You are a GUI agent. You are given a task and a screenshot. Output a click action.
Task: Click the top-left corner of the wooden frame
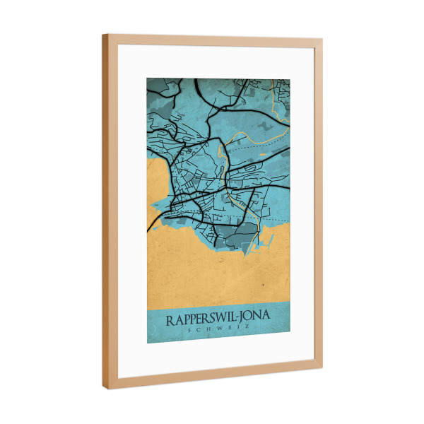point(103,35)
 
